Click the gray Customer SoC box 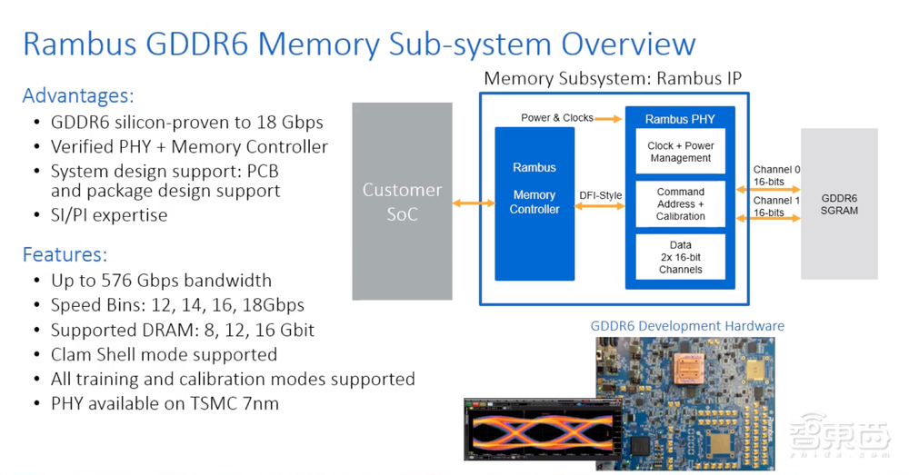[x=402, y=201]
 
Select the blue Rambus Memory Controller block [x=534, y=203]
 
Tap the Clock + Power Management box [x=680, y=152]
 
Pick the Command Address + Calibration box [x=680, y=204]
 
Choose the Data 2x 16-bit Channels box [x=680, y=257]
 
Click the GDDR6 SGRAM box [x=839, y=203]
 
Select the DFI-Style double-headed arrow [x=600, y=206]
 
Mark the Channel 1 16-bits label [x=776, y=206]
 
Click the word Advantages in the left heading [x=77, y=95]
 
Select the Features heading [x=65, y=255]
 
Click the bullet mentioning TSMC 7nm [x=165, y=402]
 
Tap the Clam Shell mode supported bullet [x=164, y=354]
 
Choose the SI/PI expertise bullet [x=109, y=215]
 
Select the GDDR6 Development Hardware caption [x=687, y=325]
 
